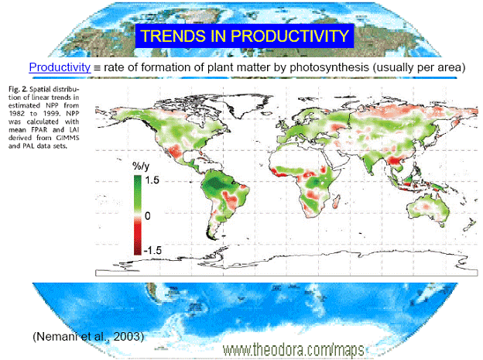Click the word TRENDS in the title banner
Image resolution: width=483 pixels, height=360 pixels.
pos(173,36)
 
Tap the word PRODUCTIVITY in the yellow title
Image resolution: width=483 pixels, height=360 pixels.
pos(289,36)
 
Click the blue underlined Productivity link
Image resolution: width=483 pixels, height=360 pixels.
pos(60,67)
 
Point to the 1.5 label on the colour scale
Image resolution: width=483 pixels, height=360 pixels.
pos(152,180)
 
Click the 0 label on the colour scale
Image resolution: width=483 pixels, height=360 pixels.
pos(148,216)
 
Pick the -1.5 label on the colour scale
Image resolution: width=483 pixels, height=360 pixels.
pos(152,250)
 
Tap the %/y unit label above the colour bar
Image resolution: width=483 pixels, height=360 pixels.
pos(141,166)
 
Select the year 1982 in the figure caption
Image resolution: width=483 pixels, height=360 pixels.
pos(16,114)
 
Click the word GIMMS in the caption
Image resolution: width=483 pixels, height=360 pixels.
pos(70,138)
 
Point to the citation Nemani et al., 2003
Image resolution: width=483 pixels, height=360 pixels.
pos(88,336)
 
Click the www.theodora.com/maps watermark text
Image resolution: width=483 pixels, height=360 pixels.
pos(293,350)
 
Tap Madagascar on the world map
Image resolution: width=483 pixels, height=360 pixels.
pos(337,201)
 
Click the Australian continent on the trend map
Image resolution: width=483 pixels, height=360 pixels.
pos(427,209)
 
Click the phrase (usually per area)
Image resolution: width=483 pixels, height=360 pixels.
pos(419,67)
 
